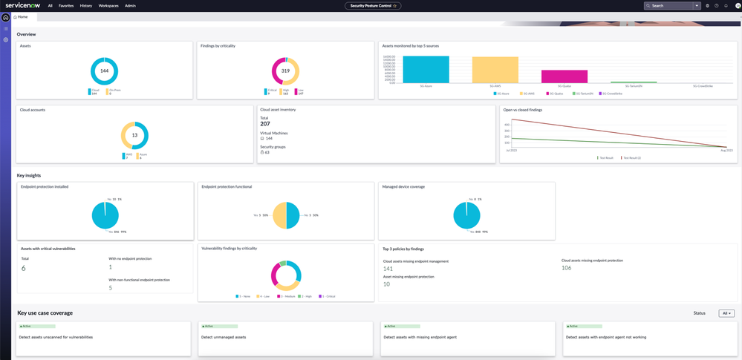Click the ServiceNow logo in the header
(23, 5)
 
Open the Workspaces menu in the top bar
(108, 5)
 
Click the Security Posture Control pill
(373, 5)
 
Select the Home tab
(22, 16)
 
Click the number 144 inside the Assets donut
(105, 71)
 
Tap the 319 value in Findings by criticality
(285, 71)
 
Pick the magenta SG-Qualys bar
(564, 76)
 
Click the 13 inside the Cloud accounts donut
(134, 135)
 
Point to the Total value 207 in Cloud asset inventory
(265, 123)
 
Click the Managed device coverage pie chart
(466, 215)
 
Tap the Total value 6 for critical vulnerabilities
(23, 268)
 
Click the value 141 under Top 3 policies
(388, 269)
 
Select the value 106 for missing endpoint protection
(567, 268)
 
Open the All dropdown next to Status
(726, 313)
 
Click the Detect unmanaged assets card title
(224, 337)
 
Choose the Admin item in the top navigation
(130, 5)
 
